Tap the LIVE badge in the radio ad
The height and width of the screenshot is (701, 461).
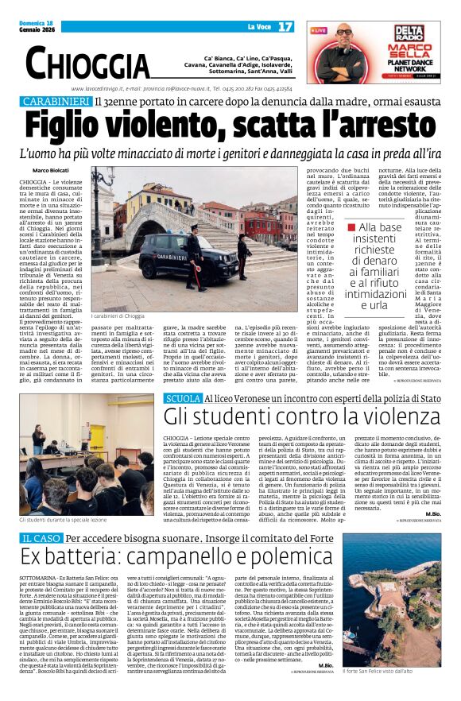(x=318, y=30)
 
